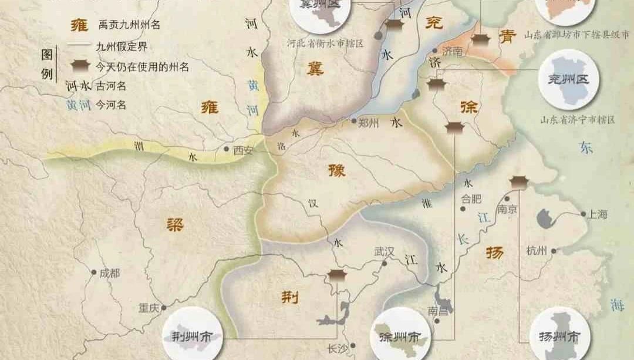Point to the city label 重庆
pos(149,307)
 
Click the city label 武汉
pos(385,251)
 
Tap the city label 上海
pos(598,214)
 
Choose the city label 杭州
pos(537,251)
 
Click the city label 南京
pos(506,208)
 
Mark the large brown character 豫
pos(336,171)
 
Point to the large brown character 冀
pos(314,70)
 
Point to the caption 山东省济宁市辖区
pos(578,120)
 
